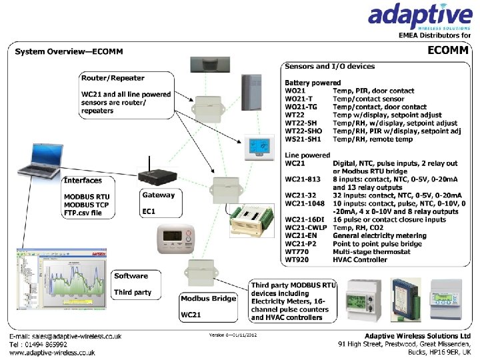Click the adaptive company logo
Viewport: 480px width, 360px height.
coord(421,16)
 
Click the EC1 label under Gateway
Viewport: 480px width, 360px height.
coord(149,211)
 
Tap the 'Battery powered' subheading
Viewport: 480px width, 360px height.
coord(313,83)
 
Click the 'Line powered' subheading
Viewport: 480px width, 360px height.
coord(307,155)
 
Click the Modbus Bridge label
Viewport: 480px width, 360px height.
coord(209,298)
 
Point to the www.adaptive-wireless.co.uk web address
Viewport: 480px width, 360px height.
coord(52,353)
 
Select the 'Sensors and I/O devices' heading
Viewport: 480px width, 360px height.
coord(329,66)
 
